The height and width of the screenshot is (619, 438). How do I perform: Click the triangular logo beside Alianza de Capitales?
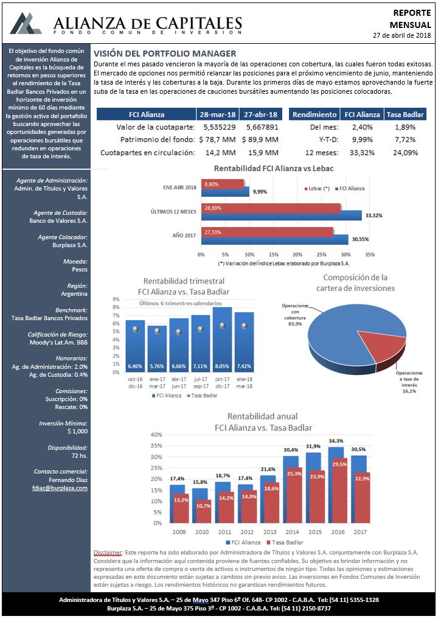pyautogui.click(x=26, y=23)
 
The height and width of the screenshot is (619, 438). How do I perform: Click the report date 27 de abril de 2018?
pyautogui.click(x=401, y=35)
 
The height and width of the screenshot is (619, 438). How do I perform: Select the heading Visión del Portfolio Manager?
pyautogui.click(x=165, y=54)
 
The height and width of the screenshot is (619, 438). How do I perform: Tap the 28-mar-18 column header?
pyautogui.click(x=217, y=114)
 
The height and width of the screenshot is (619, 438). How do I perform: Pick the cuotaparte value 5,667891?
pyautogui.click(x=262, y=127)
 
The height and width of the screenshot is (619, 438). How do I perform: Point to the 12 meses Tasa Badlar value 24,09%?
pyautogui.click(x=405, y=153)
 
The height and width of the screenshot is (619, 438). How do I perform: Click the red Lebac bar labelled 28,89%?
pyautogui.click(x=271, y=208)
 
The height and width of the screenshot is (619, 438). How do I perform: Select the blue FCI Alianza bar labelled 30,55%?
pyautogui.click(x=274, y=240)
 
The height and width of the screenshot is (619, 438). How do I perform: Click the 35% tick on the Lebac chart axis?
pyautogui.click(x=370, y=254)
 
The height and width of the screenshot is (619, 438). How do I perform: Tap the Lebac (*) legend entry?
pyautogui.click(x=317, y=189)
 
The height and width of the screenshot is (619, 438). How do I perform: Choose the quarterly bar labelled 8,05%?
pyautogui.click(x=222, y=340)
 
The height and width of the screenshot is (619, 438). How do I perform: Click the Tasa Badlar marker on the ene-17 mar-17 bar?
pyautogui.click(x=157, y=331)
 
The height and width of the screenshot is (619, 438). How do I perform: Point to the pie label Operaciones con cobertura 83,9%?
pyautogui.click(x=295, y=315)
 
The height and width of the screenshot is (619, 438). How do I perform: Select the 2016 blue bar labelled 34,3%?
pyautogui.click(x=335, y=484)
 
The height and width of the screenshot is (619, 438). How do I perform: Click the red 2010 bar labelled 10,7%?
pyautogui.click(x=204, y=512)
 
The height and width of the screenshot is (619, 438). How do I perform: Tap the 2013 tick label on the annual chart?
pyautogui.click(x=270, y=532)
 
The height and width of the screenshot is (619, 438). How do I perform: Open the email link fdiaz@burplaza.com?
pyautogui.click(x=60, y=488)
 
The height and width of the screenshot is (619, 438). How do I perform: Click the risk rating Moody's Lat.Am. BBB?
pyautogui.click(x=59, y=342)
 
